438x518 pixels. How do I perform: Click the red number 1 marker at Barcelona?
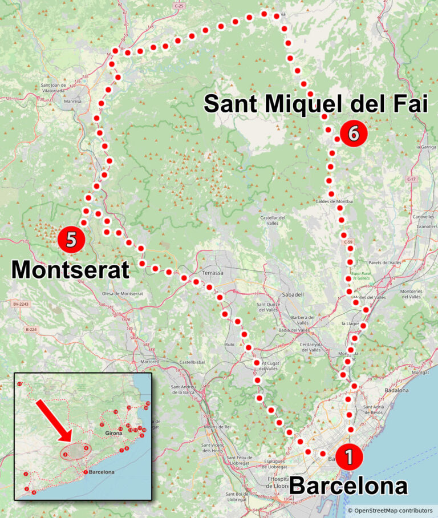coord(348,457)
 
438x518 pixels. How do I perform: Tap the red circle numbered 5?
coord(71,240)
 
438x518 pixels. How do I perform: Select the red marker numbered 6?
coord(352,134)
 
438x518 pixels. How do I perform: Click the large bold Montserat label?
coord(71,269)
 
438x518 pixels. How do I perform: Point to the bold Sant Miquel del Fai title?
coord(315,104)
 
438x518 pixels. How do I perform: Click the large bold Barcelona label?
coord(348,486)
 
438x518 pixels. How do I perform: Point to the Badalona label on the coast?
coord(398,390)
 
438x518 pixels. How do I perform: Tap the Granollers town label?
coord(424,226)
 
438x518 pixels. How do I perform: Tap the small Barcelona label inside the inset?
coord(102,472)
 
